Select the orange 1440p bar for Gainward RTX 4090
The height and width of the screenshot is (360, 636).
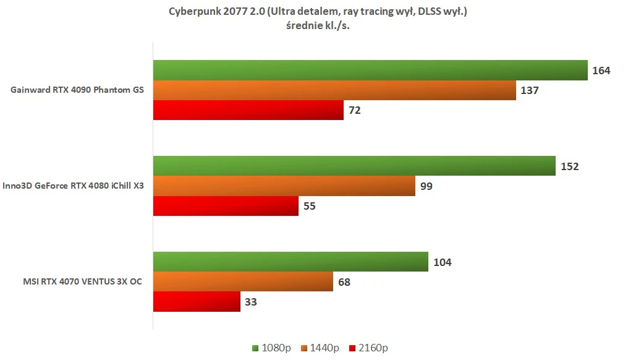click(334, 90)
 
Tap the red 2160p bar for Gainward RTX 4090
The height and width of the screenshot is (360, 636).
click(248, 110)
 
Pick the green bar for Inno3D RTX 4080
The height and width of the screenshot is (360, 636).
click(354, 166)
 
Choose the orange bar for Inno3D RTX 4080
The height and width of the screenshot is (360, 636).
click(284, 186)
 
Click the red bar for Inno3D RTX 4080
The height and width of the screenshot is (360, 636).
click(226, 206)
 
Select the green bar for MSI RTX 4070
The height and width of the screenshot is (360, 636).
click(290, 262)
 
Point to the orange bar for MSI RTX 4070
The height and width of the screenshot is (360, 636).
click(243, 282)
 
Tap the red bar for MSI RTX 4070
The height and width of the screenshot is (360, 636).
click(197, 302)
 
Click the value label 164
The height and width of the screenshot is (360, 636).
click(601, 71)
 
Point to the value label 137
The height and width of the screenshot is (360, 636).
click(530, 90)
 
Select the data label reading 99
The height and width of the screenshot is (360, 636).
click(426, 186)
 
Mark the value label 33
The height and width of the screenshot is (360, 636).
click(250, 302)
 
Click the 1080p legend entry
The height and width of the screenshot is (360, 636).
click(270, 348)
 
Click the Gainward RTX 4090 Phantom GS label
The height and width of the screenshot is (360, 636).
click(77, 90)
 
